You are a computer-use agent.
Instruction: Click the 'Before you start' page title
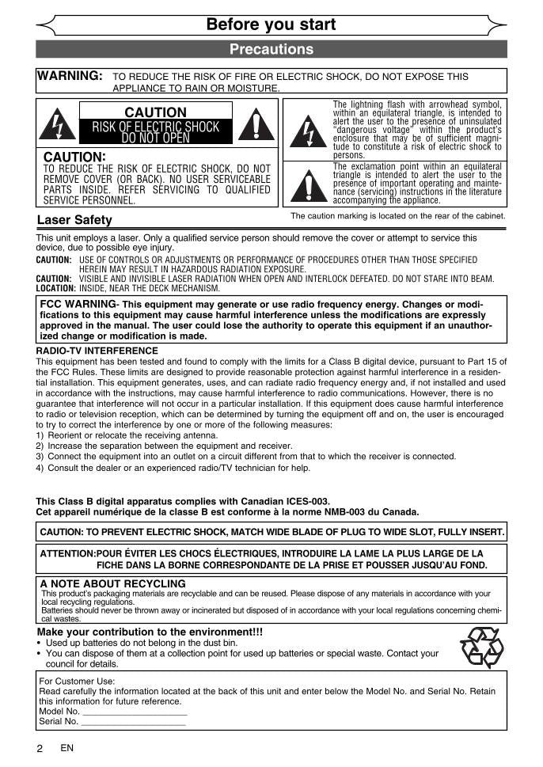271,25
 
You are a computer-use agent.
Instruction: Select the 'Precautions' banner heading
271,49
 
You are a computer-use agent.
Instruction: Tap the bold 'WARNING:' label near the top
70,76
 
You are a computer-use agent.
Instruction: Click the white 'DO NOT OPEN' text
156,139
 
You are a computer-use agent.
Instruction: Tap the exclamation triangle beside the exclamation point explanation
307,185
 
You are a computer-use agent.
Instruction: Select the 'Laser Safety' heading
74,219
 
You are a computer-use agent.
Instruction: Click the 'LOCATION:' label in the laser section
55,289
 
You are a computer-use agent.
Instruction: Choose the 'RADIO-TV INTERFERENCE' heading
97,351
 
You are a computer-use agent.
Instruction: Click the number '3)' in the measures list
40,456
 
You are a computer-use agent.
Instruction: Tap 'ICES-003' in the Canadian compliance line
306,501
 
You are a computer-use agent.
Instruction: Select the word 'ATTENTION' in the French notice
67,553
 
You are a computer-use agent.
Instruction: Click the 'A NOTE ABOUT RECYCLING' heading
112,583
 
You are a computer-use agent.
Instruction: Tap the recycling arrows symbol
481,647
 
